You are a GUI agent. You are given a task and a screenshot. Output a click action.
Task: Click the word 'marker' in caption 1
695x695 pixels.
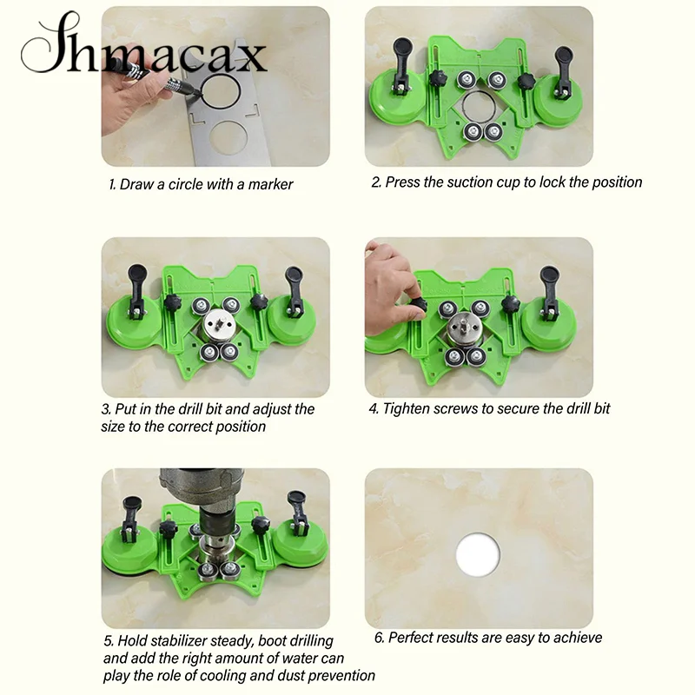[268, 184]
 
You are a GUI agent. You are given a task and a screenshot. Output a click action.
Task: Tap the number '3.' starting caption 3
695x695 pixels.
[107, 408]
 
